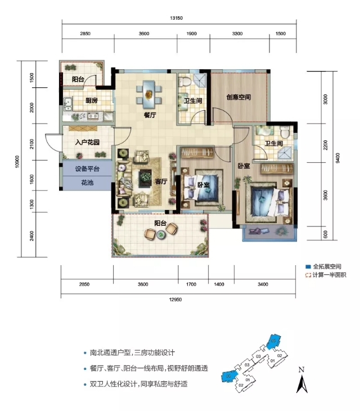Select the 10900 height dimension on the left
click(18, 162)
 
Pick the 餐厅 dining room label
click(150, 114)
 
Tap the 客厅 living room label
click(161, 181)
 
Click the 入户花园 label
click(87, 142)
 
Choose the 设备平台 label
click(87, 169)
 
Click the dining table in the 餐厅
click(149, 92)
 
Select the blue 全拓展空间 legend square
click(308, 266)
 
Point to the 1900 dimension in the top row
click(191, 34)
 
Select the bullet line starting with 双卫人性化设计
click(138, 384)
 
